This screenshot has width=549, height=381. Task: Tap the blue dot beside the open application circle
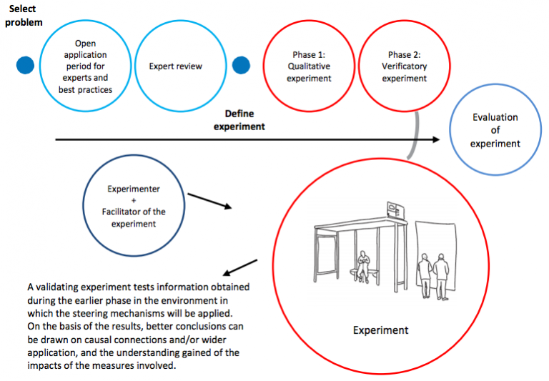[x=25, y=65]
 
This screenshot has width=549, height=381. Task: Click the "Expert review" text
[x=175, y=66]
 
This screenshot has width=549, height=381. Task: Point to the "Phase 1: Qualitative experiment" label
[x=309, y=66]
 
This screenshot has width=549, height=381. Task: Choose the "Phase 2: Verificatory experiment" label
[x=404, y=66]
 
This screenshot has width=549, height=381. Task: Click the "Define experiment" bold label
[x=239, y=119]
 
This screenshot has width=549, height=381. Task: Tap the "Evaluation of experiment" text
[x=495, y=130]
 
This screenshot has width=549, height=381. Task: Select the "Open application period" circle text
[x=85, y=66]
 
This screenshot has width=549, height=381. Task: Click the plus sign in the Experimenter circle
[x=134, y=200]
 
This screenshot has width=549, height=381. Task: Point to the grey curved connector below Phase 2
[x=413, y=136]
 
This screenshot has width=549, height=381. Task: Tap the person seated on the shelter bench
[x=363, y=266]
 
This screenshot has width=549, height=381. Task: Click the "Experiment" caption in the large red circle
[x=381, y=330]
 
